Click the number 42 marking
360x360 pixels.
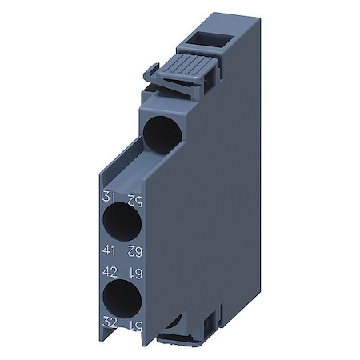tap(110, 272)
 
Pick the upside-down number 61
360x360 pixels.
tap(141, 274)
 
